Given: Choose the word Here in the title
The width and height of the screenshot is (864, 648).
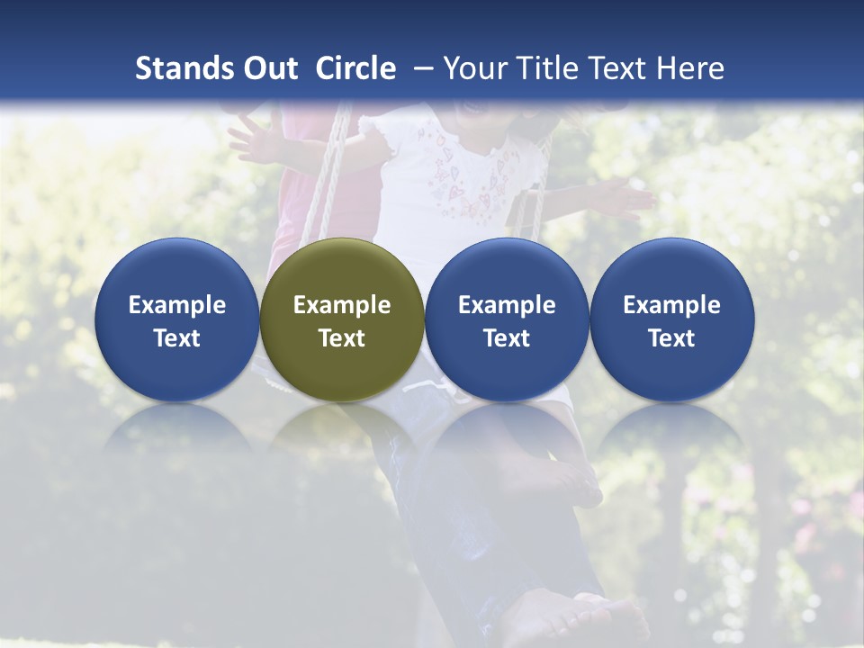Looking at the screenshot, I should pos(690,68).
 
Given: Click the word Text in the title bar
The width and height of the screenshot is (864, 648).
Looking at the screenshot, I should pos(616,68).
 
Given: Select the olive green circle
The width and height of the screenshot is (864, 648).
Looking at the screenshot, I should pos(342,319).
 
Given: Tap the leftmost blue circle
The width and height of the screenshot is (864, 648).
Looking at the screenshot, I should pos(177,319).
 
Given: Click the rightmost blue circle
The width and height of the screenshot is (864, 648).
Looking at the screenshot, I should pos(672,319).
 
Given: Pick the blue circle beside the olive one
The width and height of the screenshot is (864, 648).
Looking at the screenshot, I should pos(507,319).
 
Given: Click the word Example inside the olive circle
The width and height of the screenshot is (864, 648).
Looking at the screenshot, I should pos(342,305).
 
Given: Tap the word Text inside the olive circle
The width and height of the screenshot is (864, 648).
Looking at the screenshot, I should pos(342,338).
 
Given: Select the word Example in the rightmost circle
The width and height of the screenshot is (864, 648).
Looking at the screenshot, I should pos(672,305).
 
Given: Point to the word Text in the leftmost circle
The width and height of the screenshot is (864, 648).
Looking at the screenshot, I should pos(177,338).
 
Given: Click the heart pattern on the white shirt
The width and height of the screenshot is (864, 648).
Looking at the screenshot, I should pos(468,180).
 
